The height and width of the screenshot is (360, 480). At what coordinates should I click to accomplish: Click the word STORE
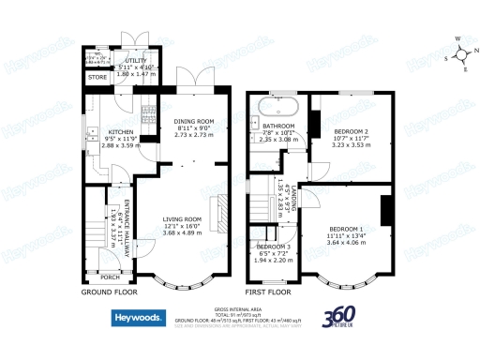pos(97,77)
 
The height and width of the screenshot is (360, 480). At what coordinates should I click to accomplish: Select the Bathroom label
pos(278,125)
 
